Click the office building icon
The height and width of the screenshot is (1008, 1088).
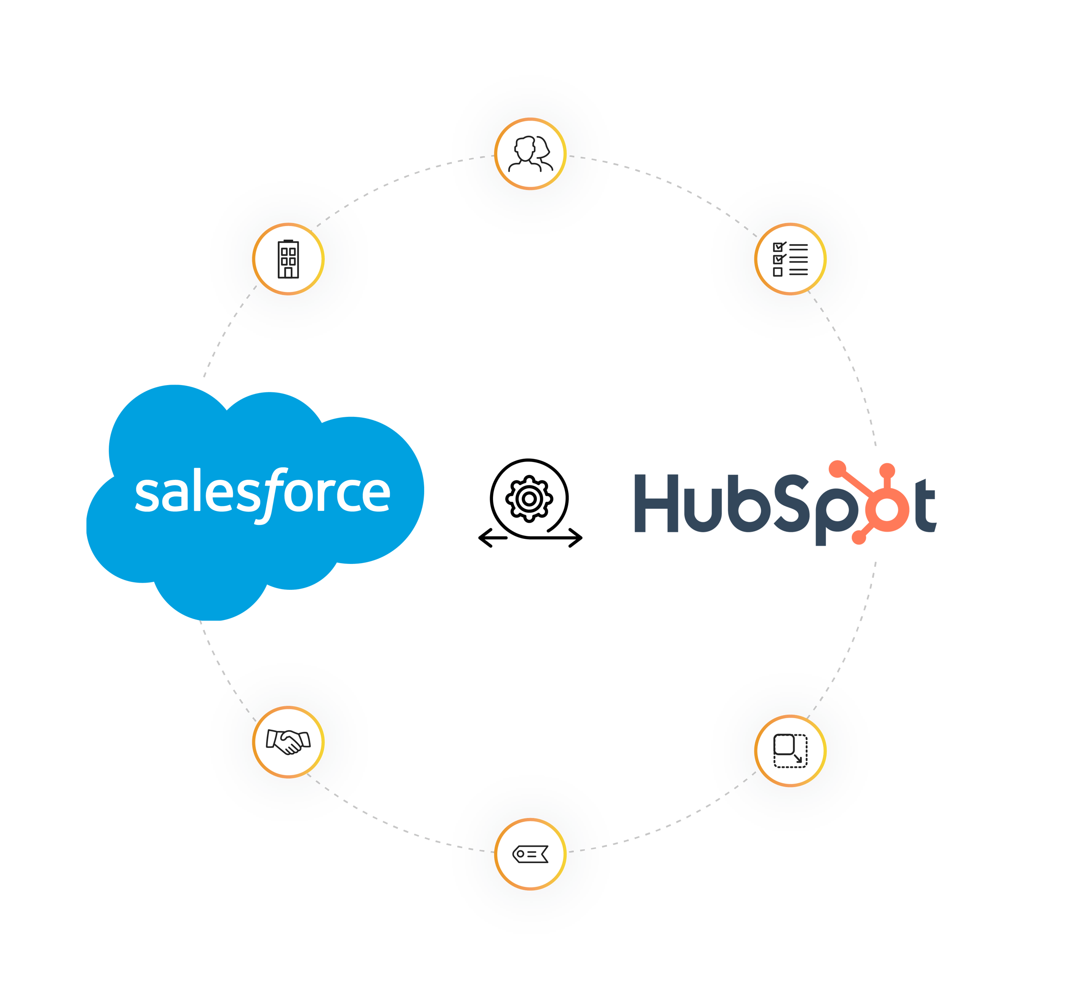[x=288, y=259]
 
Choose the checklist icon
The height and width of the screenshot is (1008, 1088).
[x=790, y=259]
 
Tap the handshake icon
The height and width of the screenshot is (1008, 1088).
[x=288, y=742]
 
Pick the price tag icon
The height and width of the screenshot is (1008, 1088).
[x=530, y=854]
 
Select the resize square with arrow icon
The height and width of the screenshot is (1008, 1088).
[x=790, y=750]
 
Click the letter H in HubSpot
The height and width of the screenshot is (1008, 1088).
[x=656, y=503]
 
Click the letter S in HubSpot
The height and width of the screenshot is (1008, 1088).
[x=791, y=503]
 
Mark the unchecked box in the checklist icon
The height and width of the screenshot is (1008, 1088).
[x=778, y=272]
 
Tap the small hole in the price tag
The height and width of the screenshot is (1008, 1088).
[x=520, y=854]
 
